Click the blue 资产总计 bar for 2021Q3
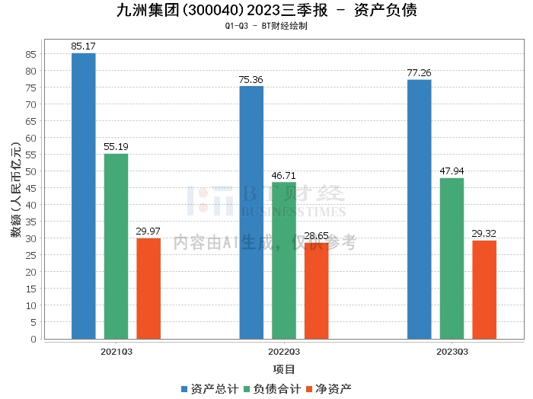click(84, 196)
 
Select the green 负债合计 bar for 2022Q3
click(284, 260)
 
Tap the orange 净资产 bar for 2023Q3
click(484, 290)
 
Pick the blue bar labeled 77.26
click(420, 209)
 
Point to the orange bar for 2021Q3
click(148, 289)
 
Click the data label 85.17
click(83, 46)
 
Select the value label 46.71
click(283, 175)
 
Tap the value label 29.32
click(484, 234)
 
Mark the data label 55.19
click(116, 146)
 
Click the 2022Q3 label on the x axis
click(284, 352)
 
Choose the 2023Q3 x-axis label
click(452, 352)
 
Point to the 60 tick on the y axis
click(30, 138)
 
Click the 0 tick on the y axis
click(34, 339)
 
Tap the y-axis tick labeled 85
click(30, 54)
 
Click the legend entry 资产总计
click(209, 389)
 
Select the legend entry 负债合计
click(273, 389)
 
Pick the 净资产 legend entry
click(329, 389)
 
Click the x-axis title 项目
click(284, 369)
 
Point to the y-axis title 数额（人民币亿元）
click(16, 190)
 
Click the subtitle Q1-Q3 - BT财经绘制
click(266, 26)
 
